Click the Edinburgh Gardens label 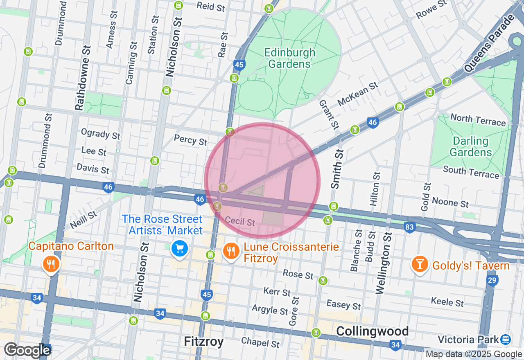289,58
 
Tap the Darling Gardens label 470,147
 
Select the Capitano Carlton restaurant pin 51,263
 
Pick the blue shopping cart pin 179,248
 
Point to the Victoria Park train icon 506,339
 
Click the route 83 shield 409,227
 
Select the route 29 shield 492,281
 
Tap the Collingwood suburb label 372,331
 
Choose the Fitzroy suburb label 203,341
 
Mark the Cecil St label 240,221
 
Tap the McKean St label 357,94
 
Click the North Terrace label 478,120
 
